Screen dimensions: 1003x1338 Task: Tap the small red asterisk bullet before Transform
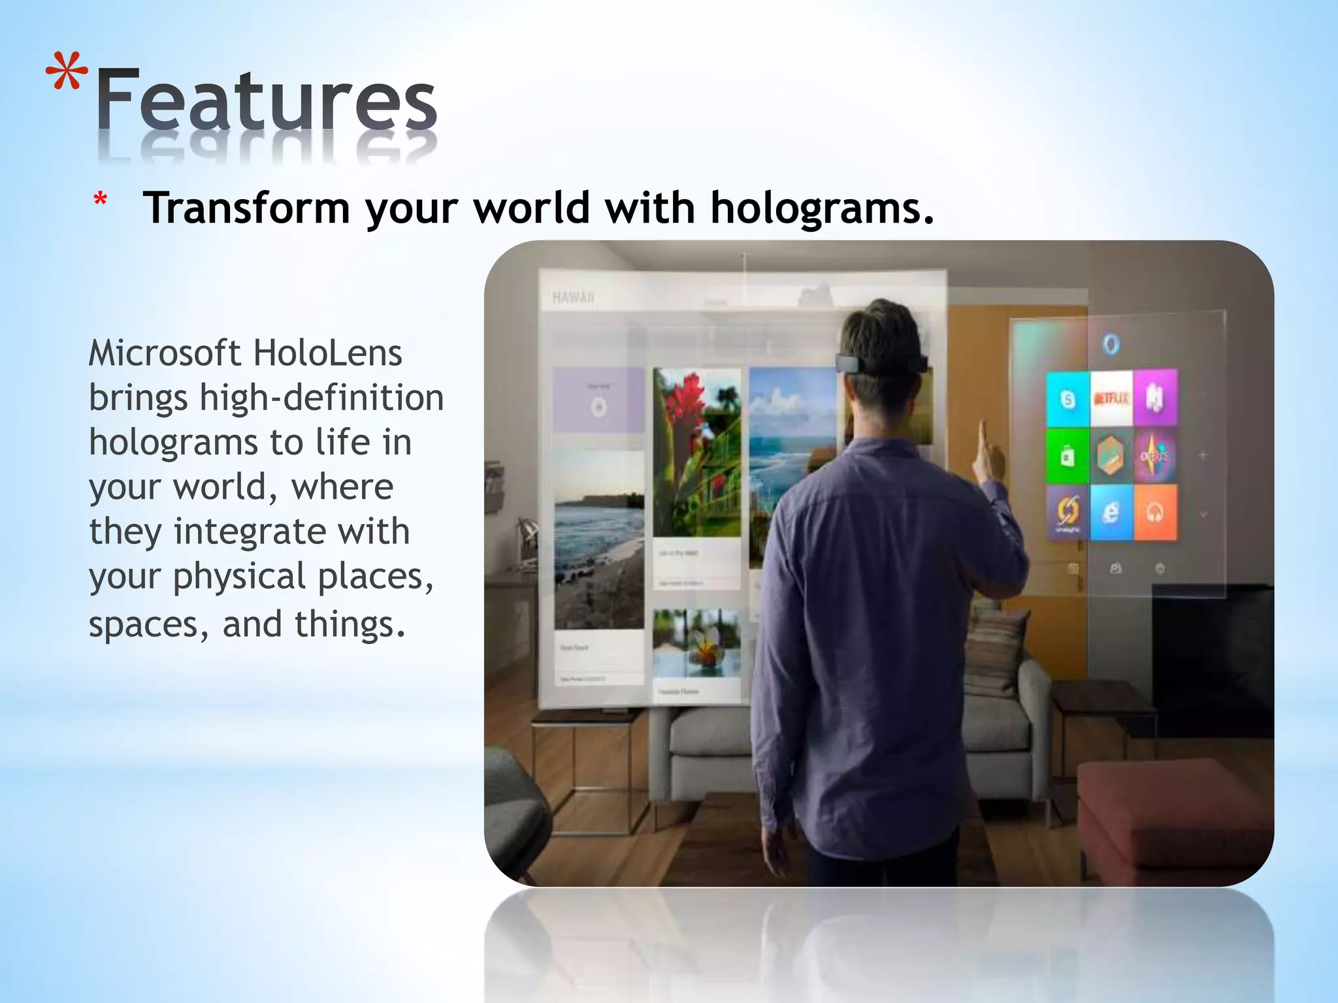pos(100,199)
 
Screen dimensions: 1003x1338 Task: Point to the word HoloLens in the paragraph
pos(327,353)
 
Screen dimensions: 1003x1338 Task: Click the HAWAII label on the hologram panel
pos(573,298)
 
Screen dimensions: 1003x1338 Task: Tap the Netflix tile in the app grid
pos(1111,398)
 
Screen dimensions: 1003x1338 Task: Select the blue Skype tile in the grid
pos(1068,398)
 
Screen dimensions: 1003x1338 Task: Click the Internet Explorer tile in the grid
pos(1111,513)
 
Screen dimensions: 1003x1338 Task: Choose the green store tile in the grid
pos(1068,456)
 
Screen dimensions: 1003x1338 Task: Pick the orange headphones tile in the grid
pos(1155,513)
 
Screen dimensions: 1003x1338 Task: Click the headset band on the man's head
pos(881,362)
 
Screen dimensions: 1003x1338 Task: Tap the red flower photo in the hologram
pos(696,451)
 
